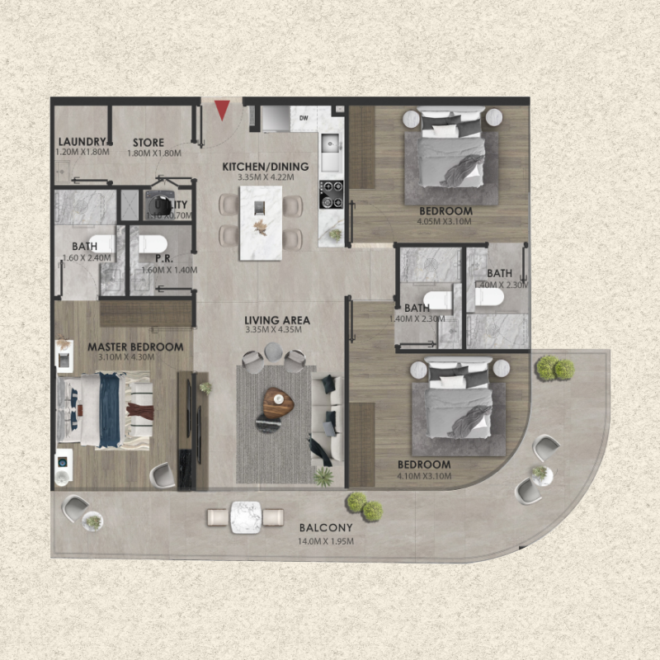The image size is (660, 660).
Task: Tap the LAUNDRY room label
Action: (x=81, y=142)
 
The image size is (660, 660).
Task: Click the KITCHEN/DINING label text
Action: (x=266, y=167)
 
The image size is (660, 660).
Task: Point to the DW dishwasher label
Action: (x=304, y=118)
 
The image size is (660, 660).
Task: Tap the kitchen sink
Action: (x=332, y=148)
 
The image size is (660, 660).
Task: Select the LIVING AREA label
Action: (x=277, y=320)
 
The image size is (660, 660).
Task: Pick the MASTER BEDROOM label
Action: (x=135, y=347)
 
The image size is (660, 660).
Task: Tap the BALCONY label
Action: (x=326, y=528)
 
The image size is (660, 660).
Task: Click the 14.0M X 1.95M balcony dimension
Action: (x=326, y=541)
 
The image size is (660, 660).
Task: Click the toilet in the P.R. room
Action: (x=153, y=244)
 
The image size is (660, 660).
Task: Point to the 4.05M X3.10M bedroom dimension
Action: (x=445, y=221)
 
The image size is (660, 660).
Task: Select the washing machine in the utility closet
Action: (x=159, y=204)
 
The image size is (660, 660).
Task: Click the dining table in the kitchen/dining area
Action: (x=261, y=218)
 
